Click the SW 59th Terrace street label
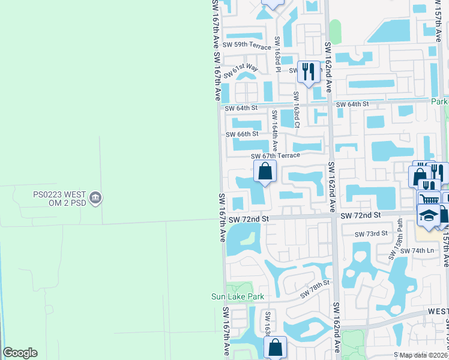(x=247, y=45)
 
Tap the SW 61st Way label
(x=240, y=71)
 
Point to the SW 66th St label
(x=242, y=134)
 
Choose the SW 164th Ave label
(x=274, y=130)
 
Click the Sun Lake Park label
(x=238, y=296)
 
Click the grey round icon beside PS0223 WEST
(x=96, y=196)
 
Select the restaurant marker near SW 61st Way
(x=309, y=72)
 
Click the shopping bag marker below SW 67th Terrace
(x=265, y=172)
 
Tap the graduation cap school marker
(x=429, y=216)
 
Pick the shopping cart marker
(x=429, y=200)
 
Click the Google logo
(x=20, y=353)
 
